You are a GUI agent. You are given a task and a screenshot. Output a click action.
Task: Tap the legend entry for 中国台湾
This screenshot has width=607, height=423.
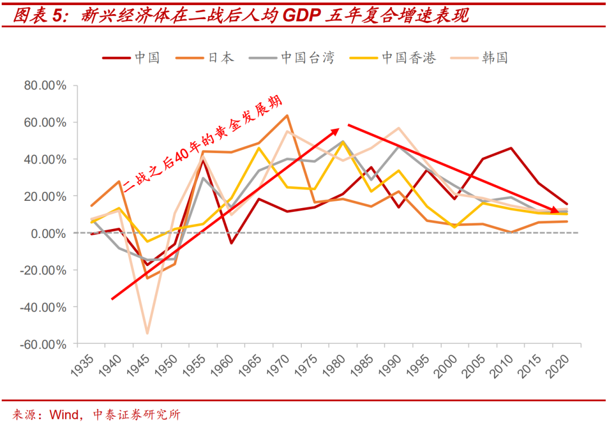(x=307, y=57)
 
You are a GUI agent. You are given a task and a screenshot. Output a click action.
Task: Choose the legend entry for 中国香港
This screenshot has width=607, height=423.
(x=408, y=57)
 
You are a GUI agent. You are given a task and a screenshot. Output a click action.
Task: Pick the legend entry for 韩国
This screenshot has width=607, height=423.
(x=495, y=57)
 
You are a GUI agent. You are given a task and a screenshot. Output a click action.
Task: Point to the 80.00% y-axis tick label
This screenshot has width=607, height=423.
(x=45, y=85)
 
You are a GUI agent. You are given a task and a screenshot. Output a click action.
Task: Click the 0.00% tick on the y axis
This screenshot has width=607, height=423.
(x=48, y=233)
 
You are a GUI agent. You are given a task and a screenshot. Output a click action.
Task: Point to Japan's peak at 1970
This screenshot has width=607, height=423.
(x=287, y=116)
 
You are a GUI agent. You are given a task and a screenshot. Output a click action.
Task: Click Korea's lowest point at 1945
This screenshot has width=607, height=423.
(x=147, y=333)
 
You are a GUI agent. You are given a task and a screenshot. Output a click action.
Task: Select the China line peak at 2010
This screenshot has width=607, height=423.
(x=511, y=148)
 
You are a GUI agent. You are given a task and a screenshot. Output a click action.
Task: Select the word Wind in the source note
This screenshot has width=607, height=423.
(x=65, y=415)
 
